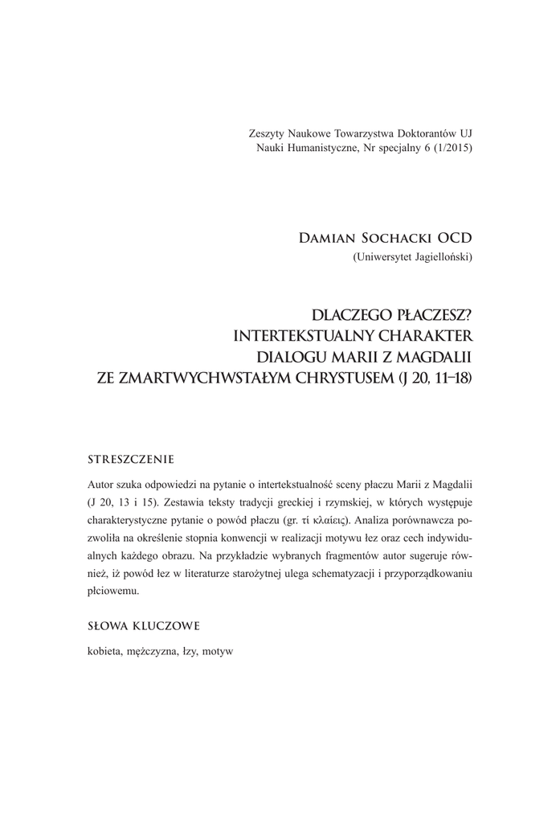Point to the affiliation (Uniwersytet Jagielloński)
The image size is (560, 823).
pyautogui.click(x=412, y=257)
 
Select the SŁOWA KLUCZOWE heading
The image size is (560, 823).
pyautogui.click(x=143, y=624)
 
